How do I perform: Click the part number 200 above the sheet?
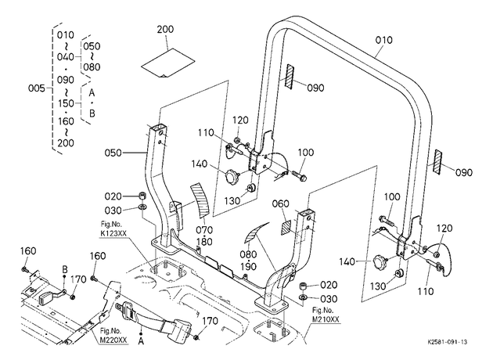click(x=165, y=29)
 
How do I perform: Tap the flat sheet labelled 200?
click(x=167, y=63)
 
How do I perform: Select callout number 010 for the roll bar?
click(x=383, y=40)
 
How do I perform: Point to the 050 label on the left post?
click(x=113, y=153)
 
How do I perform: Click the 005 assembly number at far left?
click(x=37, y=88)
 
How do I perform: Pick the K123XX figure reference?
click(x=111, y=233)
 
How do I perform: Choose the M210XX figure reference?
click(x=326, y=319)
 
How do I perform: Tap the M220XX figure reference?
click(x=113, y=340)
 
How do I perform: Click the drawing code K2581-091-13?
click(x=447, y=342)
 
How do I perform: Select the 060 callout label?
click(x=280, y=203)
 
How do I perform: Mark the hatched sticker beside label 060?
click(x=286, y=228)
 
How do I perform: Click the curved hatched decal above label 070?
click(x=200, y=200)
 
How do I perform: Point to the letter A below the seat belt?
click(x=141, y=340)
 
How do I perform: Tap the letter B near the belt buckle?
click(x=65, y=269)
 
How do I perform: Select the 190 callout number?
click(x=248, y=267)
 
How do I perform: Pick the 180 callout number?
click(x=204, y=242)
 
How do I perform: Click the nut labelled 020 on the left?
click(x=142, y=196)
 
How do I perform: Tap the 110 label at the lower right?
click(x=426, y=291)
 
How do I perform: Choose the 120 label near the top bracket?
click(x=240, y=120)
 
